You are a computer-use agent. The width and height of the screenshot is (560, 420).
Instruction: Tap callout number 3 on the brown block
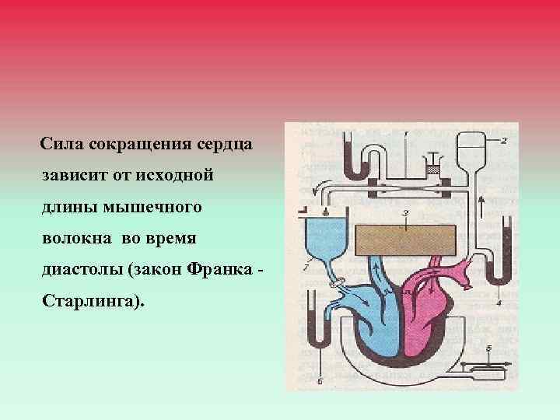(405, 212)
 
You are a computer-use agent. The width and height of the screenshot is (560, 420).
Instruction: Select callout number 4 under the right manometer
(499, 300)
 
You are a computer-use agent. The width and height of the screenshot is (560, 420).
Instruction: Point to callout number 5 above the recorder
(488, 348)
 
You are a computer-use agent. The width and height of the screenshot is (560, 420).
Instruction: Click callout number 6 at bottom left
(319, 381)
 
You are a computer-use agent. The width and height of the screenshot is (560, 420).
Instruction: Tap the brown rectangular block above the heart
(404, 239)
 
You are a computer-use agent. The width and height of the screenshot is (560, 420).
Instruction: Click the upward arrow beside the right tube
(482, 207)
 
